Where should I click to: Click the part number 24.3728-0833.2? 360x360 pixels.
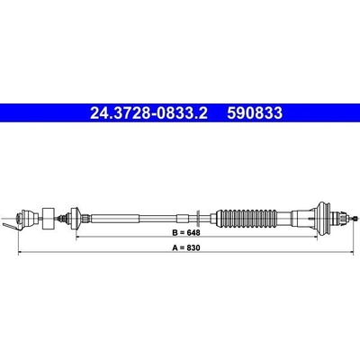tap(148, 113)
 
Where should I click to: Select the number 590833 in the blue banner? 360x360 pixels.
tap(255, 113)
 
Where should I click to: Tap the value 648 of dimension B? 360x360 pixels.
tap(194, 232)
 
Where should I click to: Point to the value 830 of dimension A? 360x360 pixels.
tap(194, 247)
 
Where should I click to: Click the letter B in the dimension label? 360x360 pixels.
tap(175, 232)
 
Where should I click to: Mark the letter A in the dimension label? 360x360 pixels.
tap(175, 247)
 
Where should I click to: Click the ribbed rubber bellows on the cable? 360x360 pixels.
tap(248, 218)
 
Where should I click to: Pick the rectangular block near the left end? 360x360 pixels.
tap(49, 219)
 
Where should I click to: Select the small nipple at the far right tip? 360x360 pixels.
tap(355, 219)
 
